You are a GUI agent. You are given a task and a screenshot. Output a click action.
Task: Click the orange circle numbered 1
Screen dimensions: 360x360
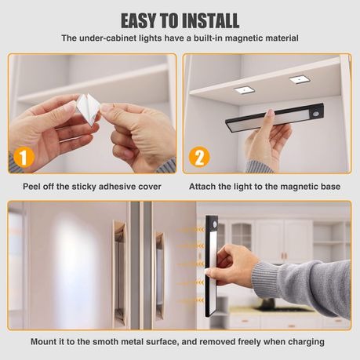[x=24, y=157]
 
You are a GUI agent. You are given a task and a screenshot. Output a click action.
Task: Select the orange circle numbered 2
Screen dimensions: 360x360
[x=200, y=157]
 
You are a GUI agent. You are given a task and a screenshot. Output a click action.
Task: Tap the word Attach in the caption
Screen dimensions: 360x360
[x=204, y=187]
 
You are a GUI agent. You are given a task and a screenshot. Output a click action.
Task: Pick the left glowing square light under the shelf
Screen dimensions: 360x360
[x=244, y=90]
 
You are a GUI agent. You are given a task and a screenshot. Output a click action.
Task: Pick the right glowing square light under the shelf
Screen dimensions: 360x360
[x=298, y=79]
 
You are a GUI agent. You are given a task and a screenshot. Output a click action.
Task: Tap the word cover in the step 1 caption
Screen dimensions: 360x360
[x=147, y=187]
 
